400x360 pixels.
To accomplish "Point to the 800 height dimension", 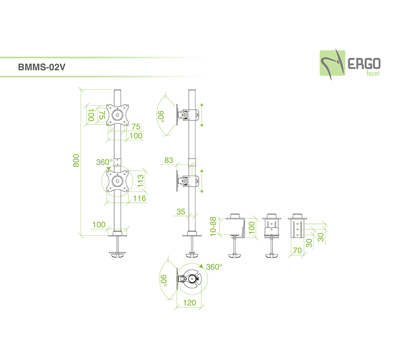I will click(76, 160).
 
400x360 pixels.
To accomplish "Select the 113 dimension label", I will click(140, 180).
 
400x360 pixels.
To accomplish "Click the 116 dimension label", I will click(140, 198).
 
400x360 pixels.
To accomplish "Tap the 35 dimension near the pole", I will click(180, 212).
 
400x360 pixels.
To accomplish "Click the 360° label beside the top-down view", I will click(214, 267).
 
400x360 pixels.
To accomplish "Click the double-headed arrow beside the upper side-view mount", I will click(201, 114).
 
